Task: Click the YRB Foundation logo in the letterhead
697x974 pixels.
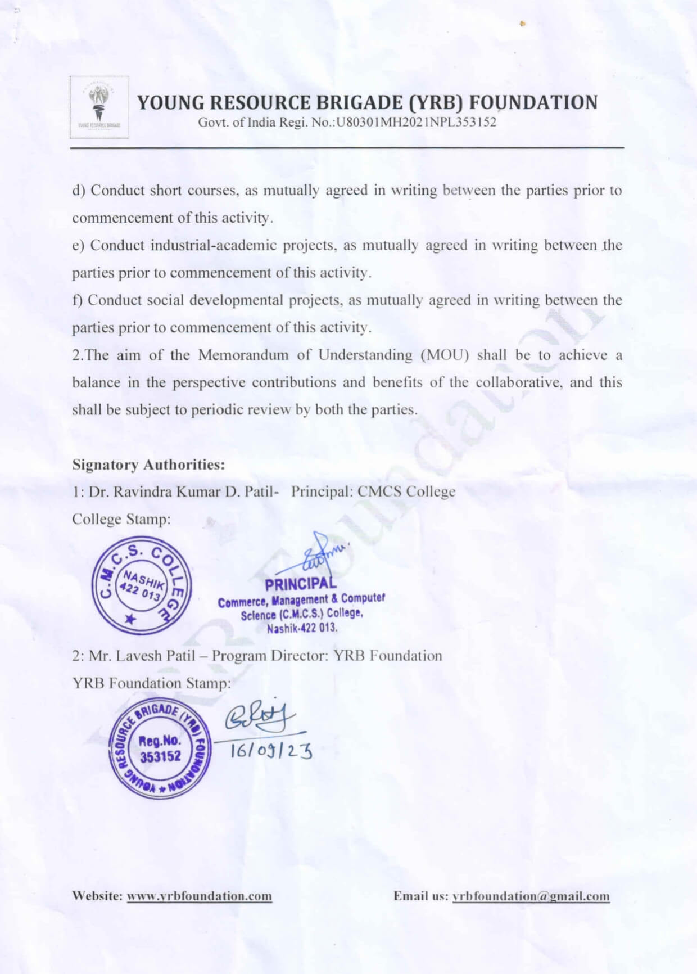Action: tap(99, 107)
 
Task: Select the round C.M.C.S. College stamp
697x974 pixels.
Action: tap(141, 585)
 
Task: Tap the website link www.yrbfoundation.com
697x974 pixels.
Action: tap(200, 896)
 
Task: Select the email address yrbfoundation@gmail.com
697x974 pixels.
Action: tap(531, 896)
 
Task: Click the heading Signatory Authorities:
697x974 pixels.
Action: tap(149, 465)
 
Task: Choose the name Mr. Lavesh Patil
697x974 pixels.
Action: tap(142, 656)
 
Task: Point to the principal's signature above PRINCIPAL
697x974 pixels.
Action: tap(323, 556)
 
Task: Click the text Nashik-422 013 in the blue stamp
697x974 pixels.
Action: tap(302, 628)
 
